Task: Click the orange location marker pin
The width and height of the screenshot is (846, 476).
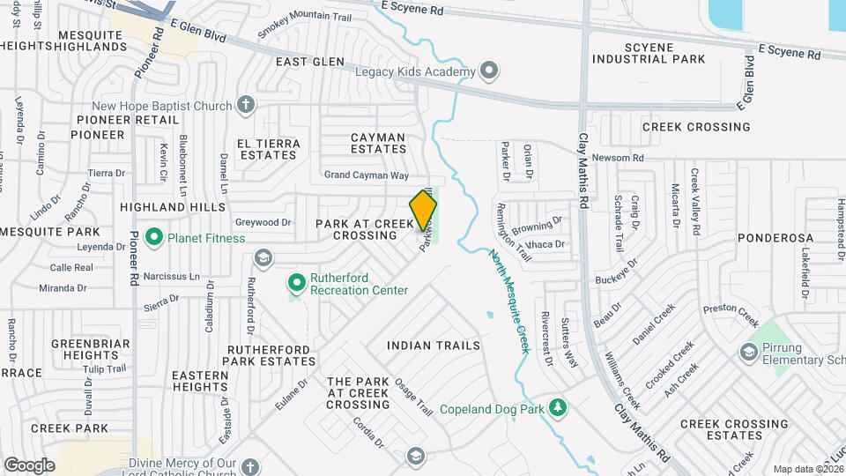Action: coord(423,211)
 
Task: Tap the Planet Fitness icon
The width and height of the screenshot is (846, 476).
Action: coord(155,236)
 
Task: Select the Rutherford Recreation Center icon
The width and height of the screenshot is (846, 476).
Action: coord(296,283)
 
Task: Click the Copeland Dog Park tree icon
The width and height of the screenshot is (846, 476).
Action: coord(557,406)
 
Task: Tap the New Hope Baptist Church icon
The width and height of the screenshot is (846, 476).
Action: coord(246,106)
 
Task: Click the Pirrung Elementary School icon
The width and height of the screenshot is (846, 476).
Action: coord(749,352)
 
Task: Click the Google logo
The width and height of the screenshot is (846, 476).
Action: coord(29,465)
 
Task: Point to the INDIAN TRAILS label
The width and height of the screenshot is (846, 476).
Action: coord(434,346)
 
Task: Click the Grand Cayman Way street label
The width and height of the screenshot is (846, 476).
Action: coord(367,175)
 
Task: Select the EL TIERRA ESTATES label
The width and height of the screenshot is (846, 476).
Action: coord(268,149)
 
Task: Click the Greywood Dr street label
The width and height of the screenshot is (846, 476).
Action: coord(263,223)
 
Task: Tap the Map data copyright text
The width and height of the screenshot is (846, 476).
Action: coord(806,468)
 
